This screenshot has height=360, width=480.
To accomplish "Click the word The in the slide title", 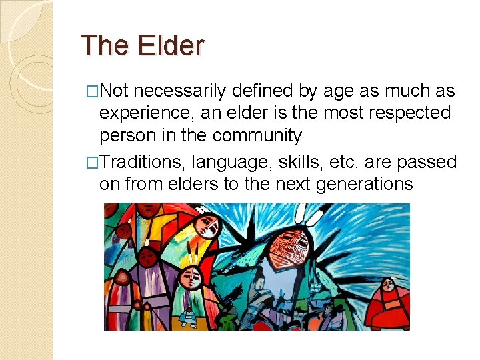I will pos(105,46).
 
